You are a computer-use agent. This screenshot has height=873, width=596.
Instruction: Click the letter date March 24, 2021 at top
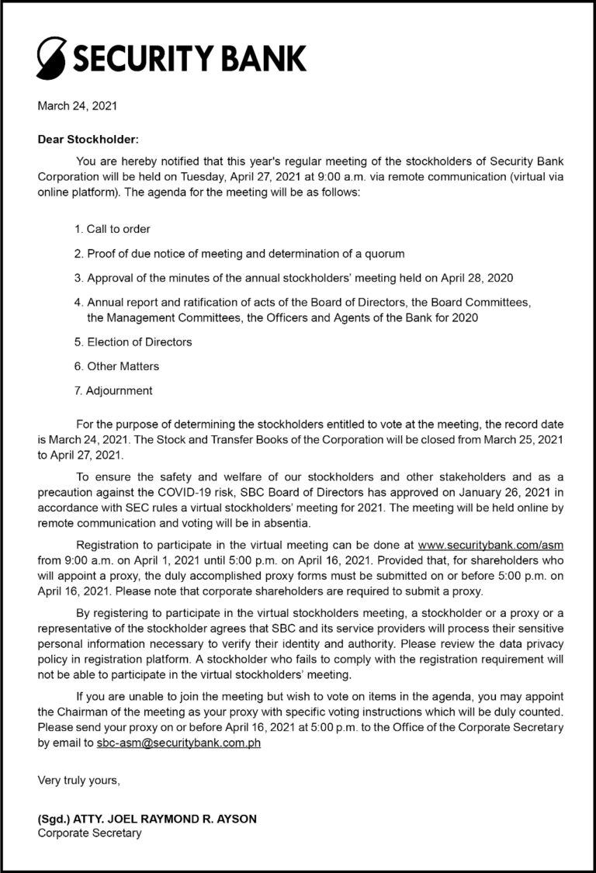[78, 106]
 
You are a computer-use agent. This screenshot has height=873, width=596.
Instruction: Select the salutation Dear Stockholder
[88, 140]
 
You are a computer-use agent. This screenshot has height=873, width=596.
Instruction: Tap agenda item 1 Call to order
[113, 229]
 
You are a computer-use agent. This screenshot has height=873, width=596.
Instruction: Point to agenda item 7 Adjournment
[113, 390]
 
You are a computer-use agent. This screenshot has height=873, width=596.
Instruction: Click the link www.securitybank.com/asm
[490, 546]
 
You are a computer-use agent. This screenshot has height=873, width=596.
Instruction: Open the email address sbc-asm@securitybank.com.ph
[178, 743]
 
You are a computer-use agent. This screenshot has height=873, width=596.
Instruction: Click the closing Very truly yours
[79, 781]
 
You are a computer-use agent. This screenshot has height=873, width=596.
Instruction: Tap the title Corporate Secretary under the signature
[90, 833]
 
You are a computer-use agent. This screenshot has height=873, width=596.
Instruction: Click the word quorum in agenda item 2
[384, 254]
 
